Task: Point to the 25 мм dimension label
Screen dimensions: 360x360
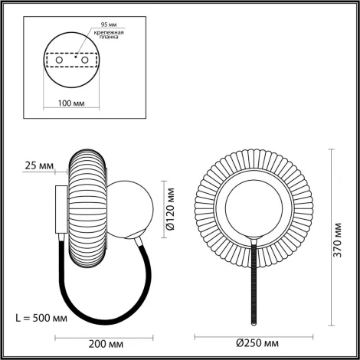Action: [38, 166]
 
